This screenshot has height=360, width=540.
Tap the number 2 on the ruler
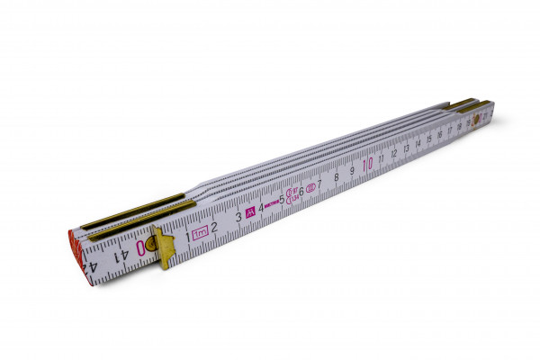(x=215, y=225)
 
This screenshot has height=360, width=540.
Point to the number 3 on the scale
(x=238, y=216)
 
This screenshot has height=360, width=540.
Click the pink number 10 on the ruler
(x=367, y=165)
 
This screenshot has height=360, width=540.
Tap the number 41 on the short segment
(x=120, y=254)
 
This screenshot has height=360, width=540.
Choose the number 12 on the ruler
(x=394, y=154)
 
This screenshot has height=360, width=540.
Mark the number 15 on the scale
(x=428, y=139)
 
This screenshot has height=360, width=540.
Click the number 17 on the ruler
(x=449, y=131)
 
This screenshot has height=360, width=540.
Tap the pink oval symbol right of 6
(x=310, y=188)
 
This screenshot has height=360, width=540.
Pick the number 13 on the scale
(x=407, y=149)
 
